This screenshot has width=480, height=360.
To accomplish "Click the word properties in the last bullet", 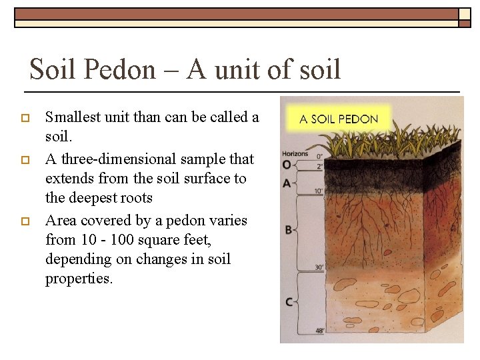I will pos(78,279).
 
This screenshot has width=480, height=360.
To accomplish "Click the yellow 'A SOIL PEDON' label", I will pos(339,120).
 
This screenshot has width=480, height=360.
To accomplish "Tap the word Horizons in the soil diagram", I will pos(295,154).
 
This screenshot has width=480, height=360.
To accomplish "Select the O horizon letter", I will pos(287,164).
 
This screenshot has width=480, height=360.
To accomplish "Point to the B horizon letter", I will pos(288,230).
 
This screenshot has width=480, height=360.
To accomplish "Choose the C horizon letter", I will pos(289,302).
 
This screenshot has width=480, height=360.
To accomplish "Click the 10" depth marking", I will pos(319,192).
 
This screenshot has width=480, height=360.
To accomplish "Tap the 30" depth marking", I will pos(319,268).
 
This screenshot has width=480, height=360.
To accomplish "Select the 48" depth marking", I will pos(319,331).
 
